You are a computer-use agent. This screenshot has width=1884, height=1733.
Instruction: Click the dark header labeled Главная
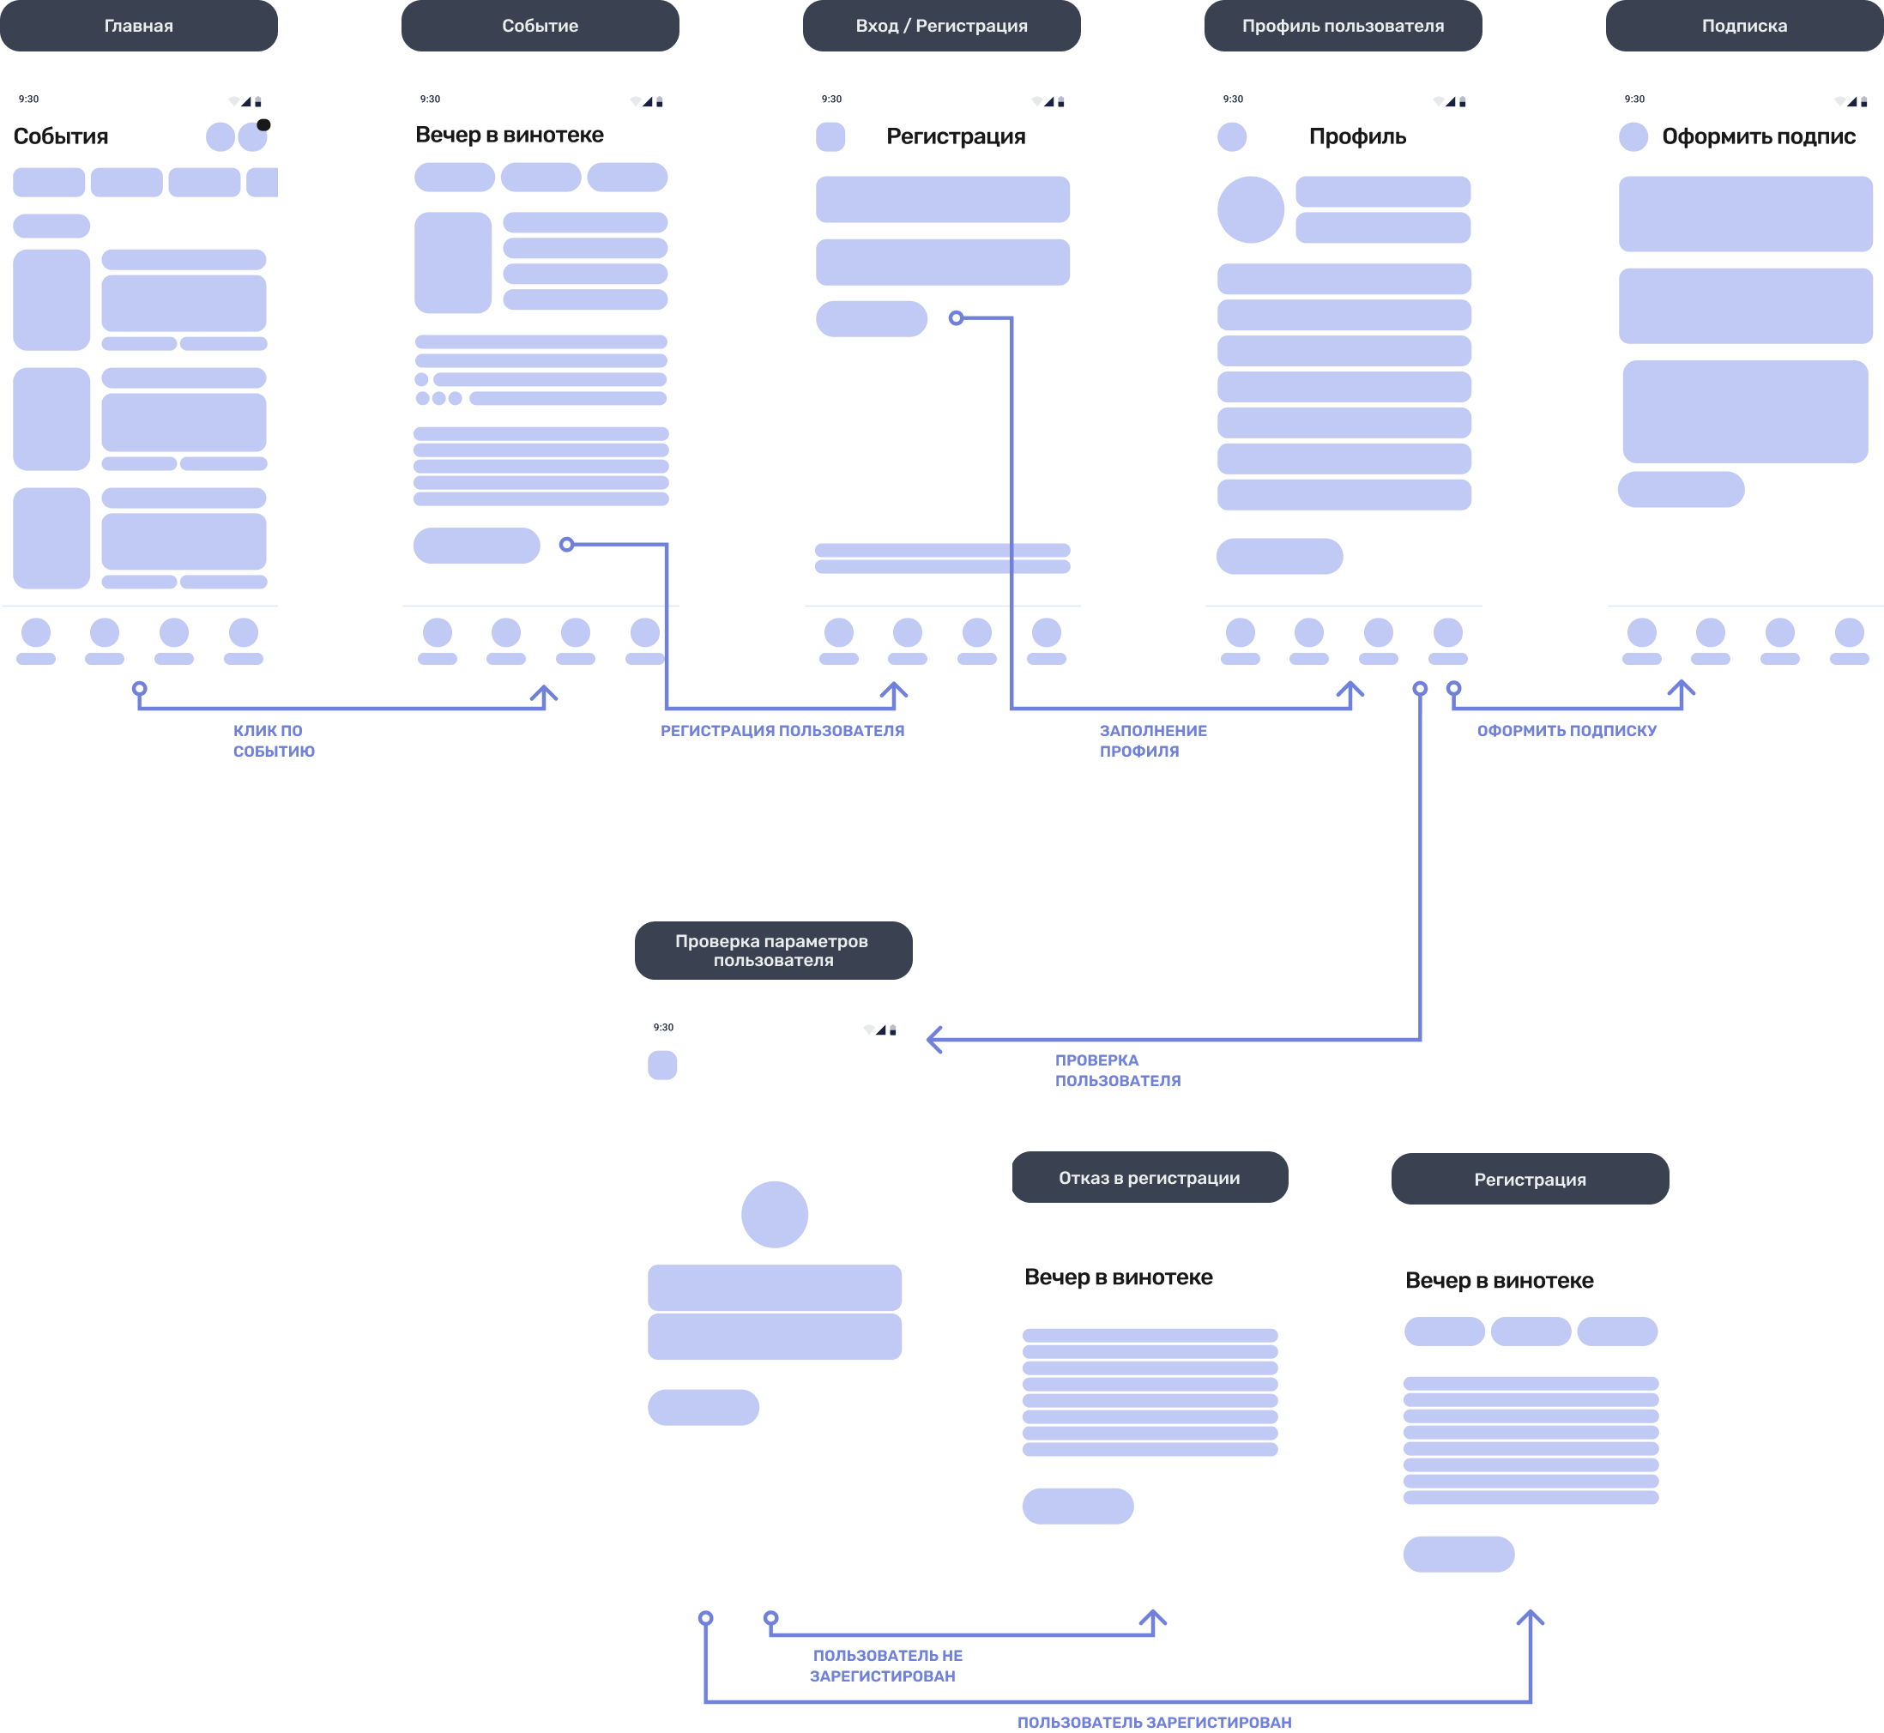click(139, 26)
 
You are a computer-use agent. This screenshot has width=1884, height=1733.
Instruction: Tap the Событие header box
click(540, 26)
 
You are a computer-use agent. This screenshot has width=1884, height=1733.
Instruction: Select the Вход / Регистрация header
click(941, 26)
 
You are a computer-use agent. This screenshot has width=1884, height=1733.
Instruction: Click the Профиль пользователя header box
click(1343, 26)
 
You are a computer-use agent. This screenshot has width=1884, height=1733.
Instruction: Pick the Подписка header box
click(1744, 26)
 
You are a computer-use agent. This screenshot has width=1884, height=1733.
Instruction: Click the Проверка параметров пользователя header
click(773, 950)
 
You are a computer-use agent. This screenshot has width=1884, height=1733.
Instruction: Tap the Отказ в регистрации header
click(1150, 1177)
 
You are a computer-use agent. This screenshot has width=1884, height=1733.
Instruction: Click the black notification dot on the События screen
click(263, 124)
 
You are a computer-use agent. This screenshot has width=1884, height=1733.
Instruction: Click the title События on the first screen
click(61, 136)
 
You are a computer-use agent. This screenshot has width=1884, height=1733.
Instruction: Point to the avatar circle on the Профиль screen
click(1250, 209)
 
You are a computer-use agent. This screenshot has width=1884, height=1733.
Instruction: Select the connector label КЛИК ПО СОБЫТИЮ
click(273, 740)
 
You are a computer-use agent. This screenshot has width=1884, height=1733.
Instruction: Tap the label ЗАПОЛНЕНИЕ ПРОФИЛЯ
click(1152, 740)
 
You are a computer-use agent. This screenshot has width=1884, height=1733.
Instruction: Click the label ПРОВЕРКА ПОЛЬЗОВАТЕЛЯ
click(1117, 1070)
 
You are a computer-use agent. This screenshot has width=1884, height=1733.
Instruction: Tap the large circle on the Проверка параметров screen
click(775, 1215)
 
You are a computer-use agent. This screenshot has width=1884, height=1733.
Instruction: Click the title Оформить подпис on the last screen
click(1759, 136)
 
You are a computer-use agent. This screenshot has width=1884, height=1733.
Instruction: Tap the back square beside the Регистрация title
click(830, 137)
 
